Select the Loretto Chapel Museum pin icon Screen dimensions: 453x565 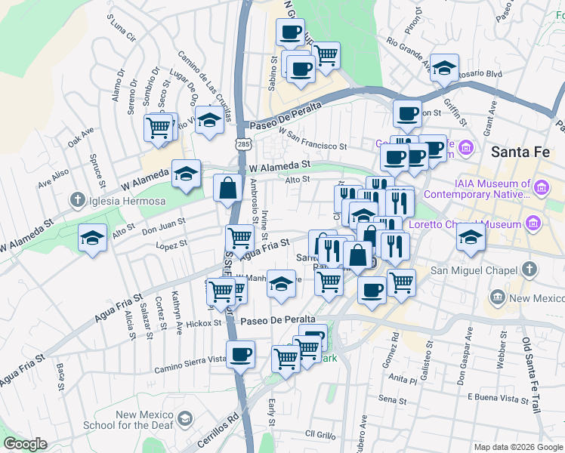533,223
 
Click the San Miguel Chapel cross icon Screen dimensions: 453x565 530,270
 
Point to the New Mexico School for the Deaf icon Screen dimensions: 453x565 184,419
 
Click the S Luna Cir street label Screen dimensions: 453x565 121,27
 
